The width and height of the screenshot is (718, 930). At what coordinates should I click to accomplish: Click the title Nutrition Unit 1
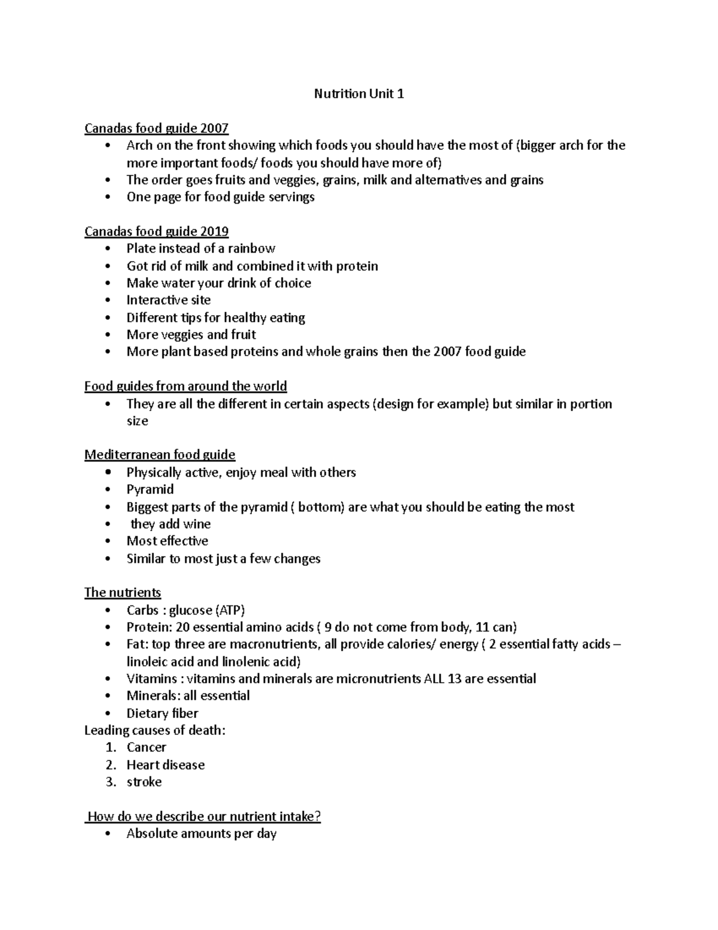click(359, 93)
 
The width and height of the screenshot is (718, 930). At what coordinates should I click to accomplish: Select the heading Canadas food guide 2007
click(156, 128)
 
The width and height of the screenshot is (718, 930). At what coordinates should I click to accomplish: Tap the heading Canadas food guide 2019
click(156, 231)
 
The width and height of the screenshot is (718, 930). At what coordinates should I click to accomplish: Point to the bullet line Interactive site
click(168, 300)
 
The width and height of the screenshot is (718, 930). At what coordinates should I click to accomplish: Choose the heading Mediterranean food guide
click(160, 455)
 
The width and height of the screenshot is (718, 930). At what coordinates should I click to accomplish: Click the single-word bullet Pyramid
click(150, 489)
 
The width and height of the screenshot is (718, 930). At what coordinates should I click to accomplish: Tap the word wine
click(197, 524)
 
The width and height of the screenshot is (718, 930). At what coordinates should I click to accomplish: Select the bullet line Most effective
click(167, 541)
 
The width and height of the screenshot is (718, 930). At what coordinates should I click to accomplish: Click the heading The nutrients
click(123, 592)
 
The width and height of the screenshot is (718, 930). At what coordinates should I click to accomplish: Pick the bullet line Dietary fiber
click(162, 713)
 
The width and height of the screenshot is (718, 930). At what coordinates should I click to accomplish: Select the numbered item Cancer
click(146, 747)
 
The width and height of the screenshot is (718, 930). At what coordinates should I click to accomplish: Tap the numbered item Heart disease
click(165, 765)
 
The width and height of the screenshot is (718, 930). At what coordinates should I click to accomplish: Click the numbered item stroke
click(144, 782)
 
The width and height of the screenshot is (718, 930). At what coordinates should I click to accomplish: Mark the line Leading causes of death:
click(155, 730)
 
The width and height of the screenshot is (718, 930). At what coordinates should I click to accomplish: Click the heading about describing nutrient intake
click(204, 816)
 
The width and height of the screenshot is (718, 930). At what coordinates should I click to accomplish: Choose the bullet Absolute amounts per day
click(201, 834)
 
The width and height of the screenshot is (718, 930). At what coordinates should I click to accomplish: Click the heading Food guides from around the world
click(185, 386)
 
